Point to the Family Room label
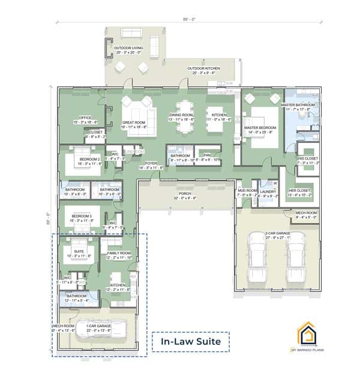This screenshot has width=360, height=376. point(118,255)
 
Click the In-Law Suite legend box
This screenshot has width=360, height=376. point(190,342)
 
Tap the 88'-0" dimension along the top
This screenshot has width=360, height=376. point(187,19)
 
